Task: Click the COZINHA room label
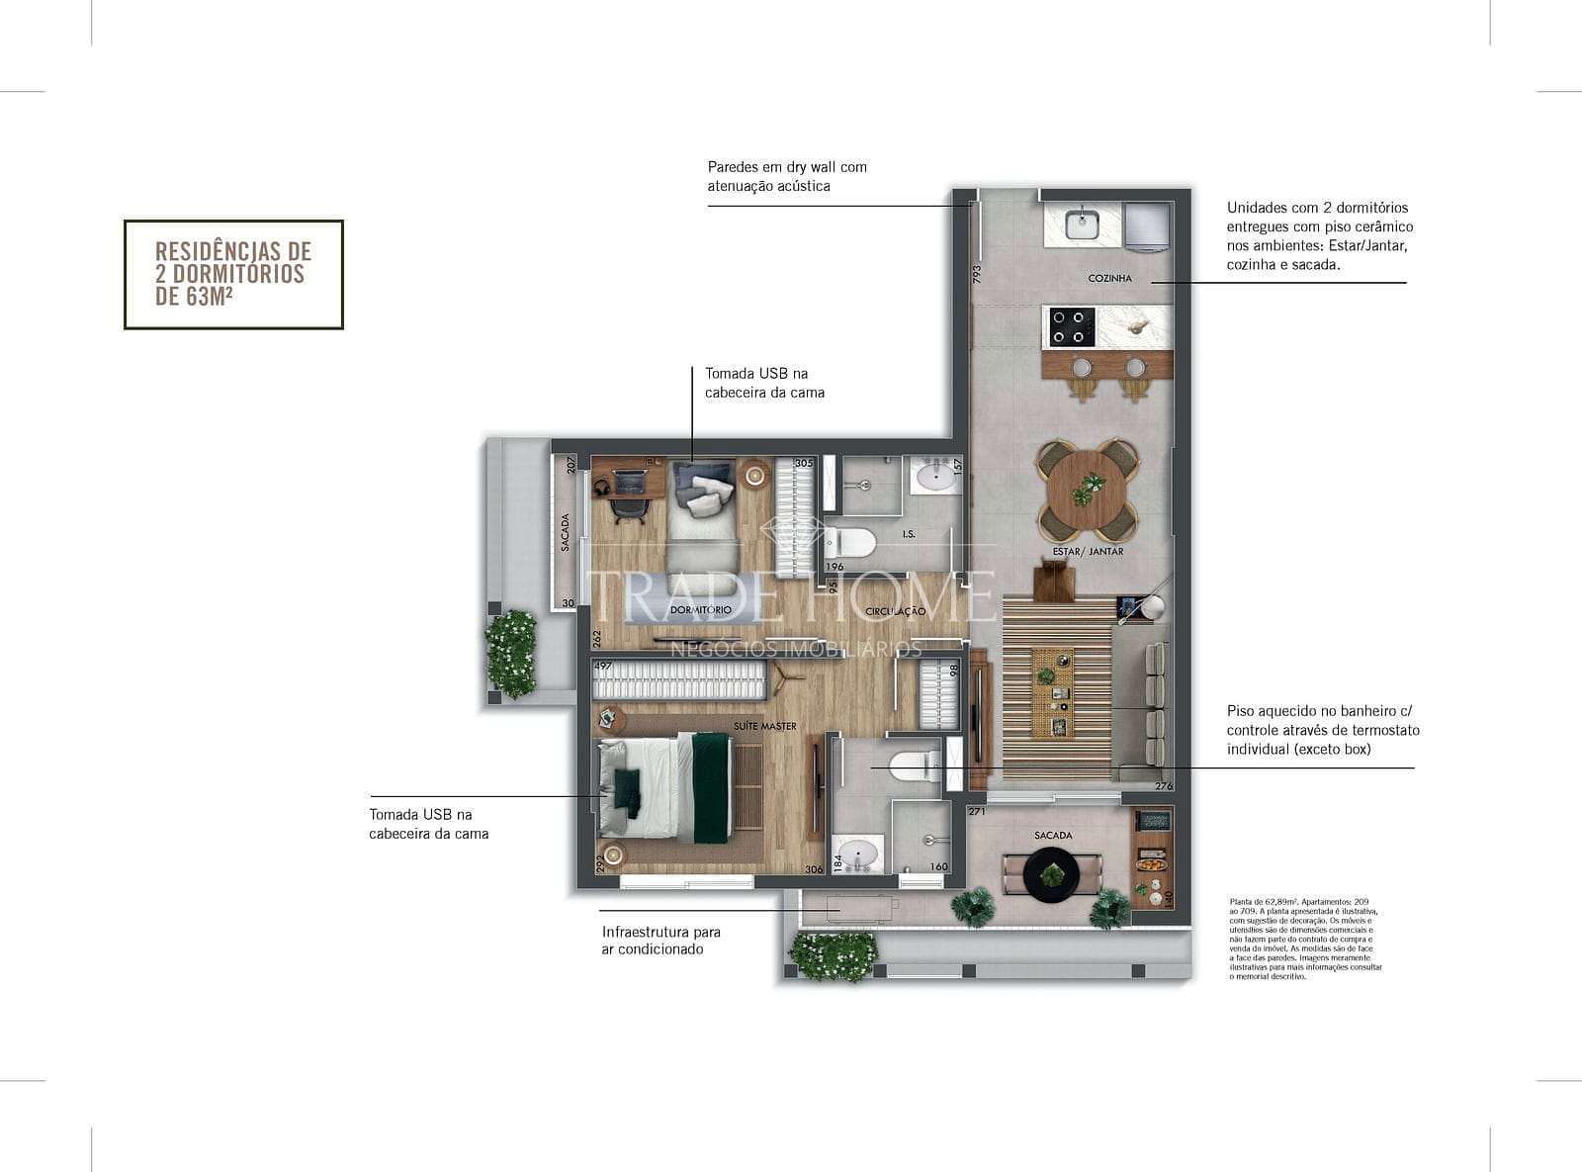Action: [x=1109, y=279]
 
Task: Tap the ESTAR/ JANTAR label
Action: [x=1088, y=552]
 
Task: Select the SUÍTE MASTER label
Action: [x=764, y=726]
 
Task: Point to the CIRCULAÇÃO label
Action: [x=895, y=611]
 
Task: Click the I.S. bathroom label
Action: [x=909, y=534]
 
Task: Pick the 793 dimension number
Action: [x=977, y=274]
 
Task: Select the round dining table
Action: [x=1088, y=491]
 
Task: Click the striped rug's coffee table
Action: [x=1052, y=692]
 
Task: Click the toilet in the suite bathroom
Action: [x=915, y=764]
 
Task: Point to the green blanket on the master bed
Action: [x=710, y=786]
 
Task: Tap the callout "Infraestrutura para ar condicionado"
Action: [x=660, y=941]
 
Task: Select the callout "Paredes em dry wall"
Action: [x=787, y=176]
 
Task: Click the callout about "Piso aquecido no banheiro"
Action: [x=1323, y=730]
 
